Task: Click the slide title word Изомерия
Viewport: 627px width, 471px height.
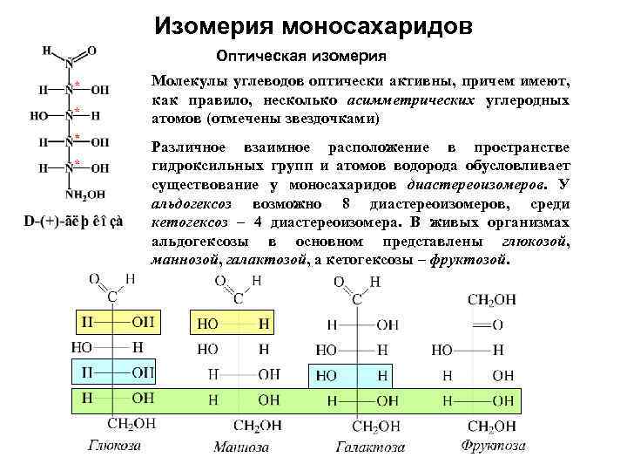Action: point(214,27)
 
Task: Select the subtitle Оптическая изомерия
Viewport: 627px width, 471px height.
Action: point(301,58)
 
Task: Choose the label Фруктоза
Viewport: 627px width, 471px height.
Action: point(493,446)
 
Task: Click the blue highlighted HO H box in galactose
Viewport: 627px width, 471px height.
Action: point(352,375)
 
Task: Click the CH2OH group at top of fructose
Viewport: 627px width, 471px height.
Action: point(492,300)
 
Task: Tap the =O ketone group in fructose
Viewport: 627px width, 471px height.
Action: point(493,324)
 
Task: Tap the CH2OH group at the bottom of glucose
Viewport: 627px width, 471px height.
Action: point(131,424)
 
